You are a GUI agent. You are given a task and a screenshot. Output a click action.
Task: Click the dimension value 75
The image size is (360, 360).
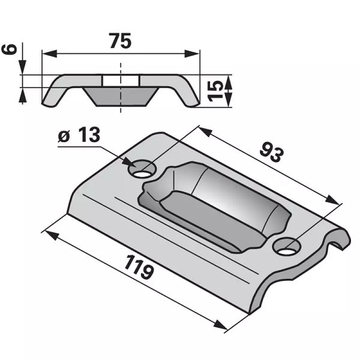click(121, 41)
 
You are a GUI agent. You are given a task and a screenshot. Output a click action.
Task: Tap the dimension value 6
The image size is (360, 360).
click(10, 50)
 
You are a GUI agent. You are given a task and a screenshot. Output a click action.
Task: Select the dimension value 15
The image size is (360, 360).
click(215, 91)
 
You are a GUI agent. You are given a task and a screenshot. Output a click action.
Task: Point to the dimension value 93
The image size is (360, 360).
click(272, 152)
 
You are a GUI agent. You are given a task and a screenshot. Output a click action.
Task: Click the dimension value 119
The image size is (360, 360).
click(139, 267)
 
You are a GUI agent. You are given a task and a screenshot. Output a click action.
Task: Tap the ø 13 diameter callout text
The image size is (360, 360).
click(79, 135)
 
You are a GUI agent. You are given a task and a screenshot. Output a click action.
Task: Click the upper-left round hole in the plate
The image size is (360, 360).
click(142, 170)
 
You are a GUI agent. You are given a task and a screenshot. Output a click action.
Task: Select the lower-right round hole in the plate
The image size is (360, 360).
click(287, 247)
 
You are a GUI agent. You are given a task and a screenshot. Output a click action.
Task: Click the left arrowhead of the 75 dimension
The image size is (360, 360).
click(50, 54)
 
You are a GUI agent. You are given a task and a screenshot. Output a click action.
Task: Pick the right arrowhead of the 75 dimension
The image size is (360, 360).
click(192, 54)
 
